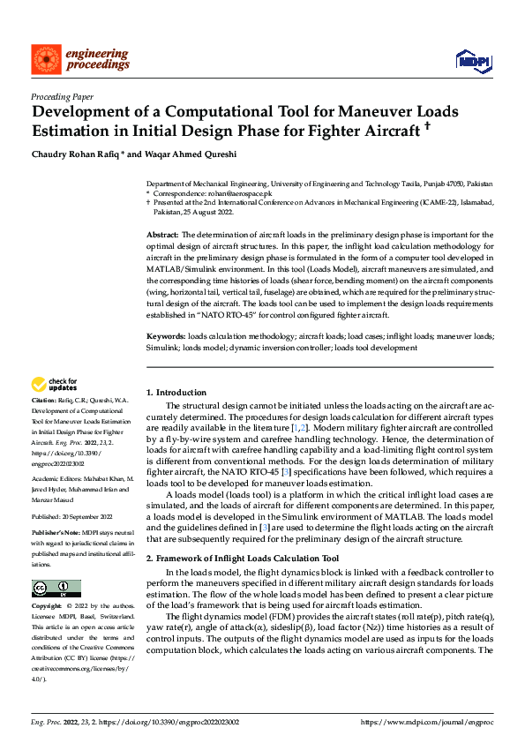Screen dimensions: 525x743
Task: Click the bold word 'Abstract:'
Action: [162, 235]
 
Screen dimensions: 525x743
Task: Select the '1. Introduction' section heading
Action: [176, 393]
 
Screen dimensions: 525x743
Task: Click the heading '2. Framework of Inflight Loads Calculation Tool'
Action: [242, 559]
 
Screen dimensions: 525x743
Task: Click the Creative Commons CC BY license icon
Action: [56, 588]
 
